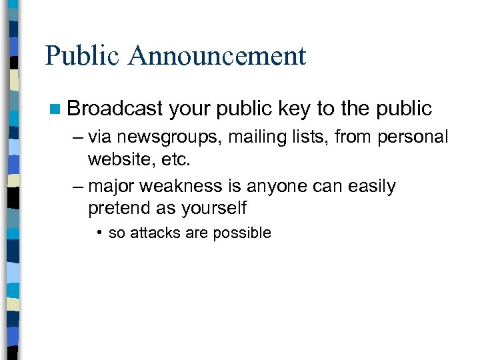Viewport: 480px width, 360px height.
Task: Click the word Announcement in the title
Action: (219, 56)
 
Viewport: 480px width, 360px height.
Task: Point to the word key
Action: (296, 108)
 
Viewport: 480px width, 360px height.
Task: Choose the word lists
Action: (311, 137)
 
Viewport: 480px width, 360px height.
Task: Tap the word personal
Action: (414, 137)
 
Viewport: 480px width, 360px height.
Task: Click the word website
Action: (118, 160)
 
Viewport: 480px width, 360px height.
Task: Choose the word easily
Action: (370, 187)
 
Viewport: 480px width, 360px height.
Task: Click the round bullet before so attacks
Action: (98, 233)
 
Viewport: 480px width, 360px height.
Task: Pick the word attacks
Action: (152, 233)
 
